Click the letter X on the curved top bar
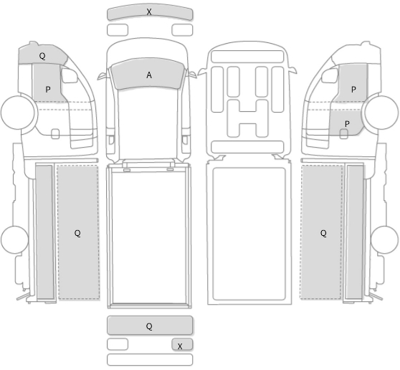click(149, 11)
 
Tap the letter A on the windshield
click(149, 75)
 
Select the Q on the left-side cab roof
click(42, 56)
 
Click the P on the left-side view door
click(48, 90)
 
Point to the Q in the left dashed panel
click(77, 233)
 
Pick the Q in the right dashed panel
click(323, 233)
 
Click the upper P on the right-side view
click(353, 90)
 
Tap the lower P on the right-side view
click(347, 124)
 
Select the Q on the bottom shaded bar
click(149, 326)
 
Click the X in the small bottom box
click(180, 346)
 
